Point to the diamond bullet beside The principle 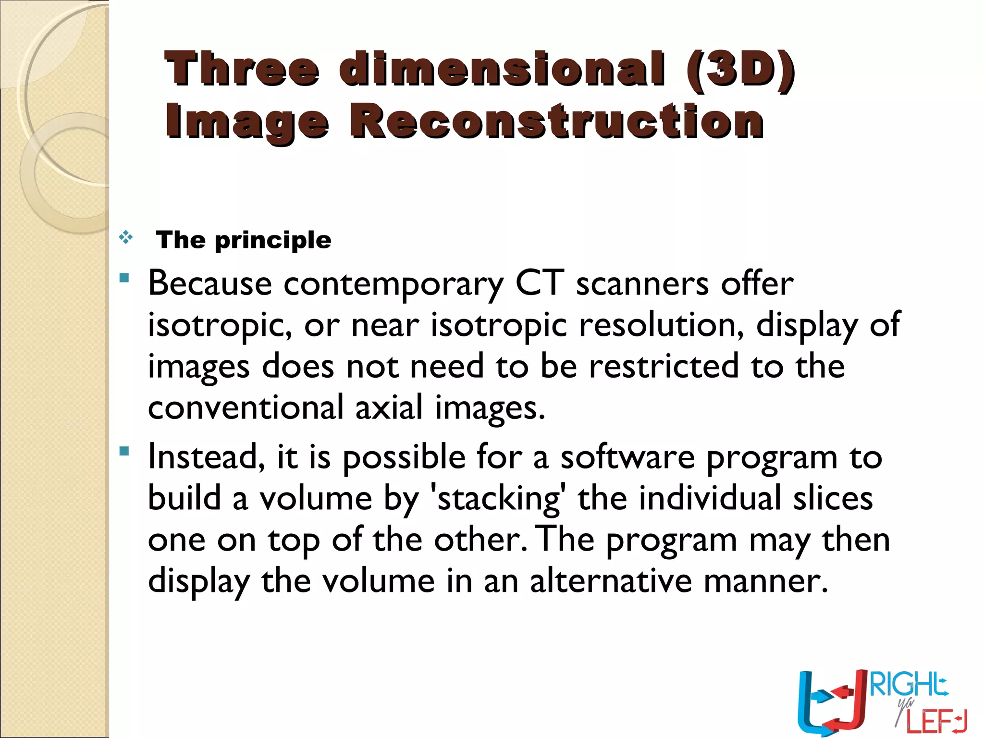[126, 237]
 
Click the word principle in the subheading [273, 240]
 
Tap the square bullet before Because [124, 278]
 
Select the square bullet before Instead [124, 451]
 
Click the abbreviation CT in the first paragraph [540, 283]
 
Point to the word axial [389, 408]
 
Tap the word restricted [664, 366]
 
